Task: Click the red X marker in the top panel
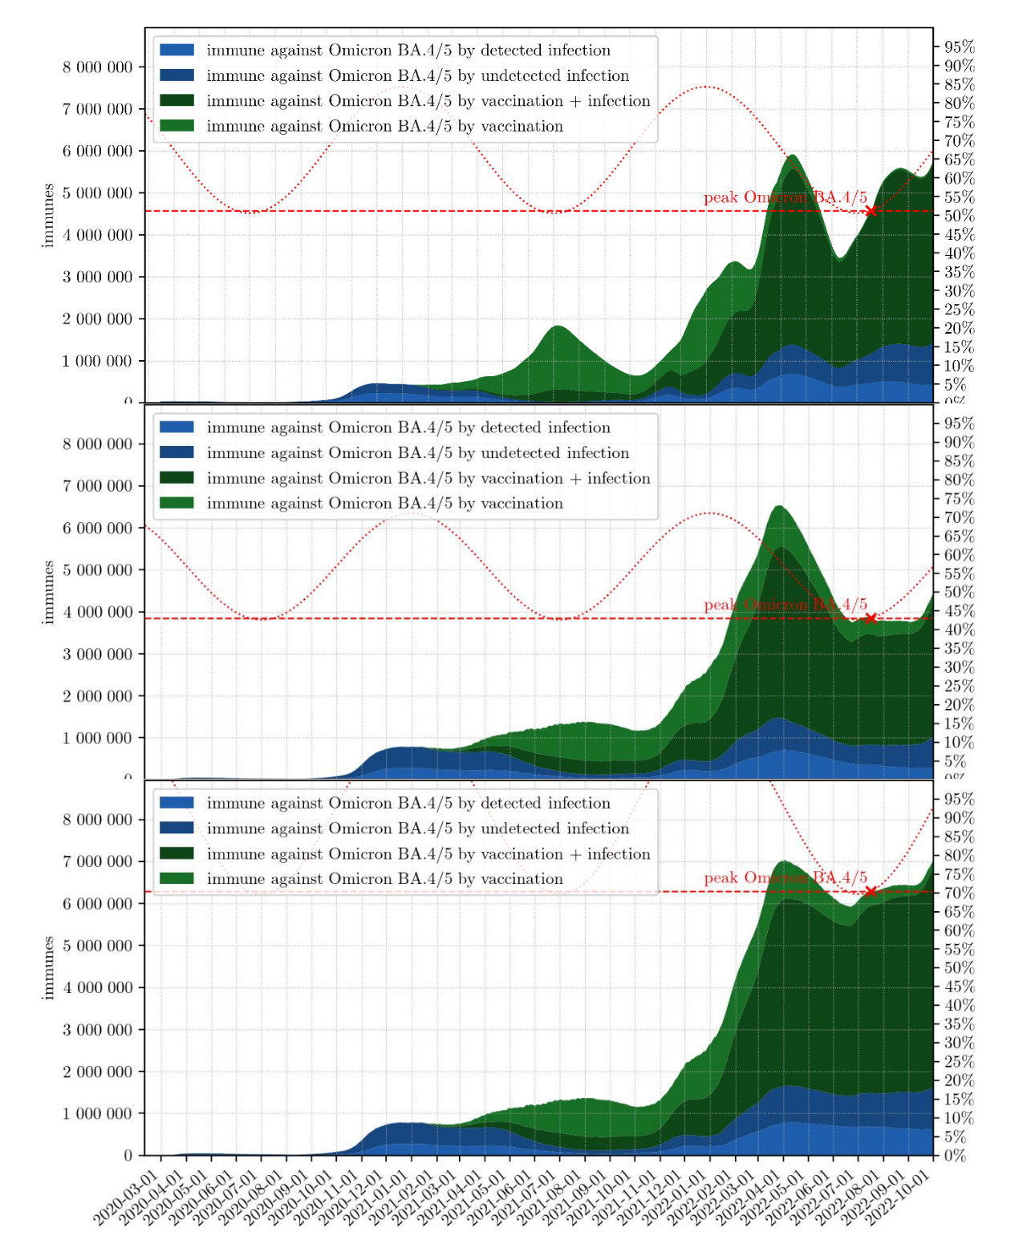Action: tap(871, 211)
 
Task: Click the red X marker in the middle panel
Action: tap(871, 618)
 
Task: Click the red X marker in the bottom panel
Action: tap(871, 891)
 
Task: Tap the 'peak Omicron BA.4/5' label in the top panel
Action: tap(785, 197)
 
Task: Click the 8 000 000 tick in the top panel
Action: tap(98, 67)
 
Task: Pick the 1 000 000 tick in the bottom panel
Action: tap(98, 1113)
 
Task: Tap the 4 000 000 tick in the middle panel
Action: tap(98, 612)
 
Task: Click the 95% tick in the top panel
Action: tap(959, 47)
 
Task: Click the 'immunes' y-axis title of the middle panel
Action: tap(48, 592)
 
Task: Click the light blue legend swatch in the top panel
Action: tap(177, 50)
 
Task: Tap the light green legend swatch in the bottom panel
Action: tap(177, 879)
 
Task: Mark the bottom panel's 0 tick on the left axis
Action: tap(128, 1156)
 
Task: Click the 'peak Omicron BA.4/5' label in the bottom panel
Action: tap(785, 877)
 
